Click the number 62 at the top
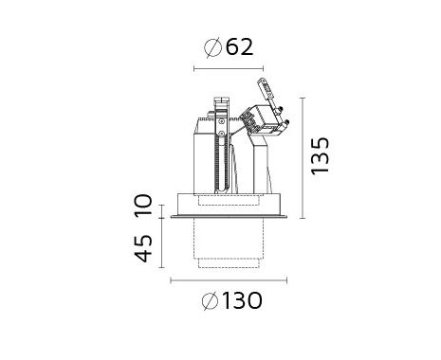[x=240, y=47]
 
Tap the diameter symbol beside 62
[x=212, y=47]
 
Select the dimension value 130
[x=243, y=300]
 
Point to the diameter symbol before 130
[x=210, y=301]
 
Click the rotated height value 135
[x=320, y=155]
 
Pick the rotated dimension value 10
[x=143, y=206]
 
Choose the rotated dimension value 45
[x=143, y=248]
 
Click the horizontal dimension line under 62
[x=229, y=68]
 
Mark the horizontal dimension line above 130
[x=229, y=280]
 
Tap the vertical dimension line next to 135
[x=303, y=158]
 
